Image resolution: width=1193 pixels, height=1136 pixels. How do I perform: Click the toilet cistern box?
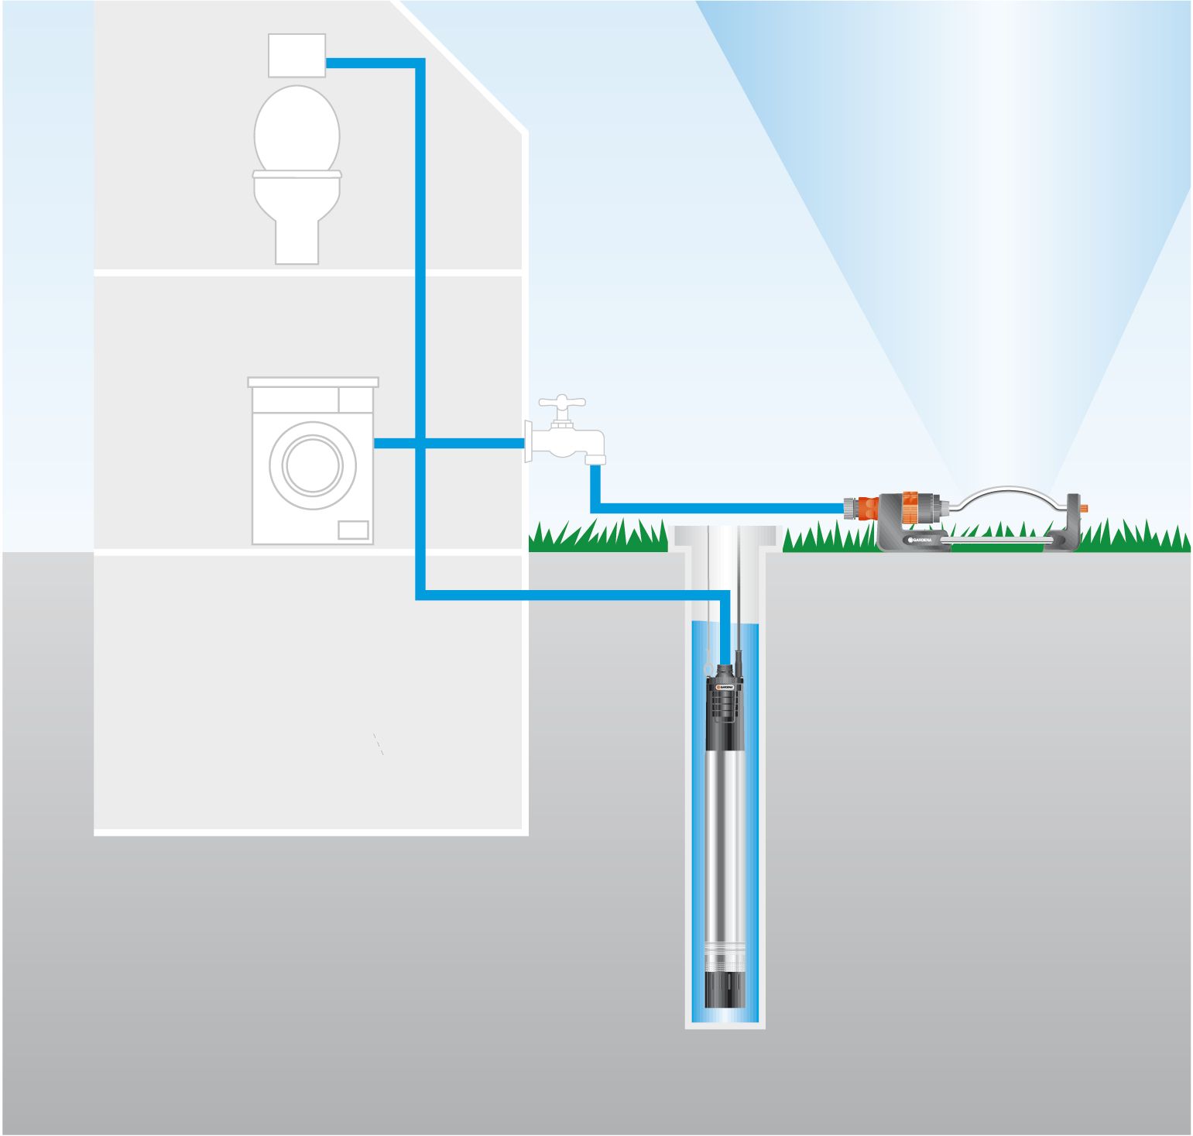pos(297,55)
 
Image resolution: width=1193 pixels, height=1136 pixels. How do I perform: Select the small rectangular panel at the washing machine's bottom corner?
pos(353,530)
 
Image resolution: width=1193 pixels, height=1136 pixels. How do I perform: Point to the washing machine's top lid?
pos(313,382)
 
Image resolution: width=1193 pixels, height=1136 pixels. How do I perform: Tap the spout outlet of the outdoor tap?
pos(595,459)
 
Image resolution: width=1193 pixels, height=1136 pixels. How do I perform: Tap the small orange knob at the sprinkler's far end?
pos(1084,510)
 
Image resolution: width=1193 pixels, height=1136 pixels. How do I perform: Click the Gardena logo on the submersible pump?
pos(725,687)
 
